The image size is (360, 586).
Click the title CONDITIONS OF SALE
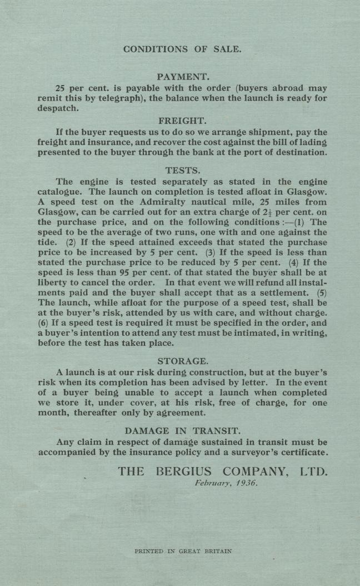[182, 49]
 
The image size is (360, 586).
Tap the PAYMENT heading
[182, 77]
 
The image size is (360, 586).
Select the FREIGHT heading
[182, 121]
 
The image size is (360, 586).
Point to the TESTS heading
[183, 170]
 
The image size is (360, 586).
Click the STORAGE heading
[183, 361]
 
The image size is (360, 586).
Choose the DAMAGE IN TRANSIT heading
[183, 431]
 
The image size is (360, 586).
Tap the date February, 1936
[226, 483]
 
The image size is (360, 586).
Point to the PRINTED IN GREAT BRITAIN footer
[183, 552]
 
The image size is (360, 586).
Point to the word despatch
[58, 109]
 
